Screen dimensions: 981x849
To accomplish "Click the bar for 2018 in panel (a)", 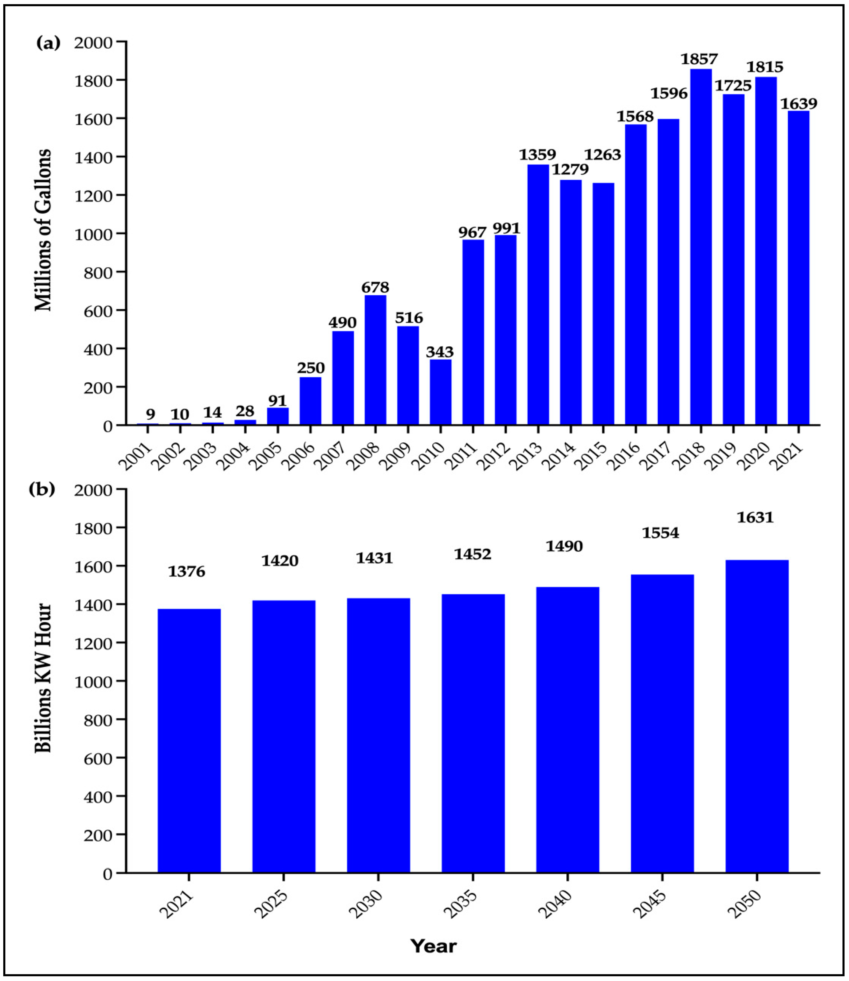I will [x=701, y=246].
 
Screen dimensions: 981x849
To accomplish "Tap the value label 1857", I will [x=699, y=59].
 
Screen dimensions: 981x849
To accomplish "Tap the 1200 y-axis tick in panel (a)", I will [x=94, y=195].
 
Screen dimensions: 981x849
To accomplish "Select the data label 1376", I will [x=187, y=572].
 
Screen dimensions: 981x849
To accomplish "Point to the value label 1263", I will [x=602, y=155].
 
